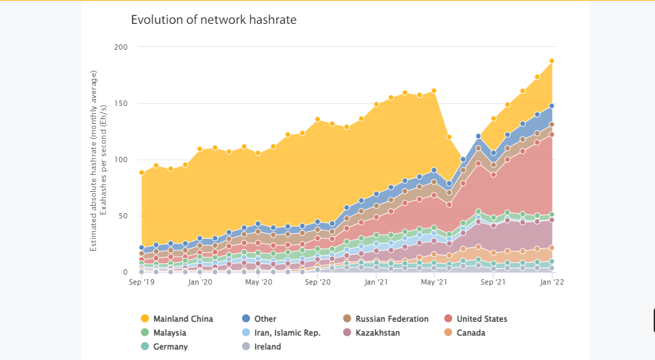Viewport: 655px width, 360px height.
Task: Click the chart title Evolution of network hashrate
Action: [x=214, y=20]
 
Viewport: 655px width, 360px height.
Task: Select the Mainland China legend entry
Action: [x=177, y=319]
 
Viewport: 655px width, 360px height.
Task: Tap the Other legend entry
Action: [x=259, y=319]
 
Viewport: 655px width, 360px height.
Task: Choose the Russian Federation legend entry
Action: [x=386, y=319]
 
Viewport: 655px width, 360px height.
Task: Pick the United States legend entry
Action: [x=476, y=319]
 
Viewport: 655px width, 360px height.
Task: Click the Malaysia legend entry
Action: [x=163, y=332]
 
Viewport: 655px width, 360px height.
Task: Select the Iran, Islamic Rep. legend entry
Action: [x=281, y=332]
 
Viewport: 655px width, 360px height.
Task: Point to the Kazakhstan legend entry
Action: [x=371, y=332]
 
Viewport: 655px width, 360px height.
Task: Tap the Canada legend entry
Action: [x=464, y=332]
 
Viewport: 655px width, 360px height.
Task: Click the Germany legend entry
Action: [x=164, y=346]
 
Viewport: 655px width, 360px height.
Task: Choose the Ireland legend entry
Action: [x=261, y=346]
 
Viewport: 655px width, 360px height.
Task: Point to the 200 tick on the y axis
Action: [x=120, y=47]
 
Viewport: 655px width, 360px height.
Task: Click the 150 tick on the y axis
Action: [x=120, y=103]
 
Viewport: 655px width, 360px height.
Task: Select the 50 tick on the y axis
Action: [x=123, y=216]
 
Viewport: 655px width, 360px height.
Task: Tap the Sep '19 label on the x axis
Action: [x=142, y=282]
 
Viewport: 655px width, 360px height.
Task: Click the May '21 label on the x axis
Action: [x=435, y=282]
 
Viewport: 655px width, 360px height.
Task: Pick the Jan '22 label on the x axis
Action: [x=552, y=282]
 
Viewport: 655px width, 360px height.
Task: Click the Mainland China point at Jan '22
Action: [x=552, y=61]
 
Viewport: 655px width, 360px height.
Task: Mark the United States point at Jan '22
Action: [x=552, y=134]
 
